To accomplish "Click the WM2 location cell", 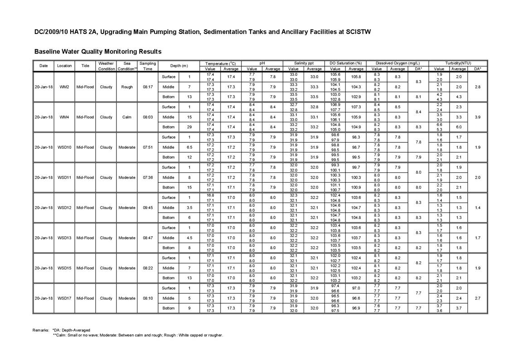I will point(64,87).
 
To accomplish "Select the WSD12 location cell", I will point(64,208).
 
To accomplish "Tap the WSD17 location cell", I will point(64,298).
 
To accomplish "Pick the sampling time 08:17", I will point(147,87).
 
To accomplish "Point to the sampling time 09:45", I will point(147,208).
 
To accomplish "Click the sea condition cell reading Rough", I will point(126,87).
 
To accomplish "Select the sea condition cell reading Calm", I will point(126,117).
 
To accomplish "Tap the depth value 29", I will point(189,127).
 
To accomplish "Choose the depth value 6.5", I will point(189,147).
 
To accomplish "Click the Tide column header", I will point(85,66).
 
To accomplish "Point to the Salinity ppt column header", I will point(304,63).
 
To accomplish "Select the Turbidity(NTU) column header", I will point(458,63).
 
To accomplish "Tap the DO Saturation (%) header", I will point(346,63).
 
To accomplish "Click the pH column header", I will point(262,63).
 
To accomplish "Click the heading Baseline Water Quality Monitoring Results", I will point(98,52).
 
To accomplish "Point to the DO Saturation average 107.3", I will point(356,107).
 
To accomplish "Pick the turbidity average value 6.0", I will point(459,127).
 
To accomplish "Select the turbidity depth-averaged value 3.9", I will point(477,117).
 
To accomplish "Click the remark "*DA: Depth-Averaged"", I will point(71,330).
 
